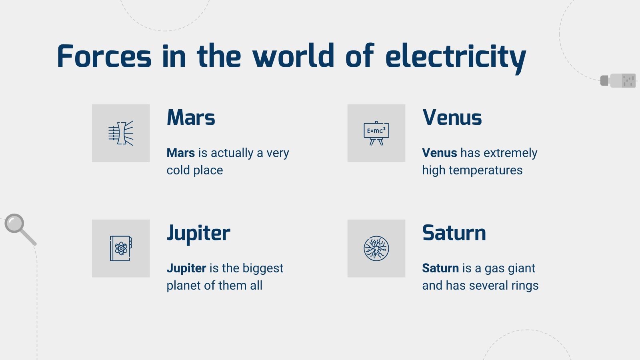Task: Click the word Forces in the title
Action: point(104,56)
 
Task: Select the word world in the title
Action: point(294,56)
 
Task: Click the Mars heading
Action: point(191,118)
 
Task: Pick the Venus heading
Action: point(452,118)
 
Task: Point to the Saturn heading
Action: point(454,233)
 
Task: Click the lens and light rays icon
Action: point(121,133)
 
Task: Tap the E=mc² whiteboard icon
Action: point(376,133)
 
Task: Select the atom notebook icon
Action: point(121,248)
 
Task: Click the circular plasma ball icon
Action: point(376,248)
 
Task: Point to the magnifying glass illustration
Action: point(19,228)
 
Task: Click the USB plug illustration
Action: point(618,80)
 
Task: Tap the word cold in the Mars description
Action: point(178,170)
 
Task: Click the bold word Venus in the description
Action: point(439,153)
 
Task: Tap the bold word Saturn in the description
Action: point(440,268)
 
